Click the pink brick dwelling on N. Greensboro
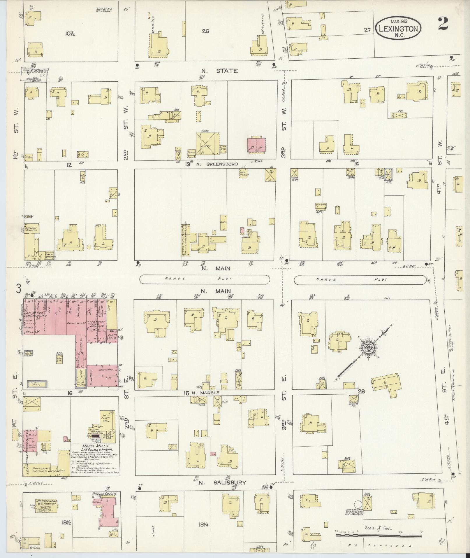click(x=256, y=145)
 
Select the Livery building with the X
click(x=207, y=144)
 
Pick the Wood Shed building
click(x=60, y=359)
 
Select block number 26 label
click(x=205, y=31)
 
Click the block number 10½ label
click(x=70, y=34)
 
